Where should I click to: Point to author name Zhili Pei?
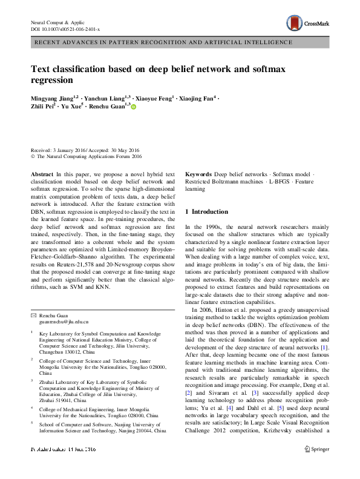(42, 106)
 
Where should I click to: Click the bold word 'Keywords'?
(198, 174)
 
